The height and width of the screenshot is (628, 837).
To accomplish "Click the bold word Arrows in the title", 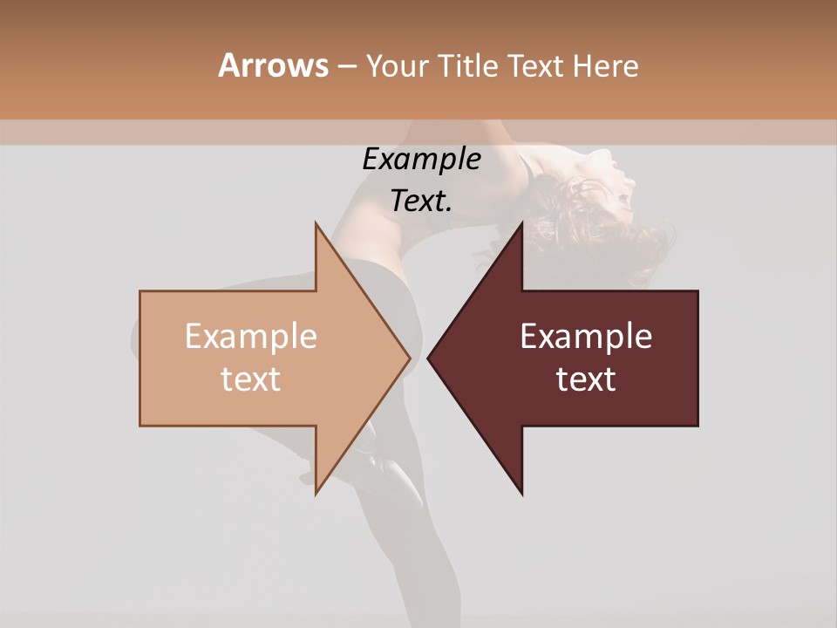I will pyautogui.click(x=273, y=65).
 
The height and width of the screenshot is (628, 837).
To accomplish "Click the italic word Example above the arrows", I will pyautogui.click(x=421, y=160).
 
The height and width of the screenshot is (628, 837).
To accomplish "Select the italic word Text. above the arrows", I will pyautogui.click(x=421, y=201).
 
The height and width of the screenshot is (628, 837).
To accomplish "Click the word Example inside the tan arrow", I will pyautogui.click(x=251, y=337).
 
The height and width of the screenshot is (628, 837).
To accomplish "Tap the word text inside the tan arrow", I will pyautogui.click(x=251, y=379).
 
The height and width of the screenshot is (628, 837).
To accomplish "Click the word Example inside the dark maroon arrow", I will pyautogui.click(x=586, y=337).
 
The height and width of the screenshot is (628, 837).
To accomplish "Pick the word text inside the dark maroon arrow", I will pyautogui.click(x=586, y=379).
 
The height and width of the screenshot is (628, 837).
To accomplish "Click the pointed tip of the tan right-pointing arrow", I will pyautogui.click(x=409, y=358).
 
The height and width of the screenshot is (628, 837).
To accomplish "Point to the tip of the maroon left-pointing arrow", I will pyautogui.click(x=429, y=358).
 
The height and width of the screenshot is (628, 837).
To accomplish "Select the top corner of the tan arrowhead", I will pyautogui.click(x=316, y=224).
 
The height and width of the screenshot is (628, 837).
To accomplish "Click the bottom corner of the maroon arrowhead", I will pyautogui.click(x=521, y=494).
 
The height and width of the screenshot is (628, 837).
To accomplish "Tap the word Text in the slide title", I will pyautogui.click(x=534, y=66).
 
